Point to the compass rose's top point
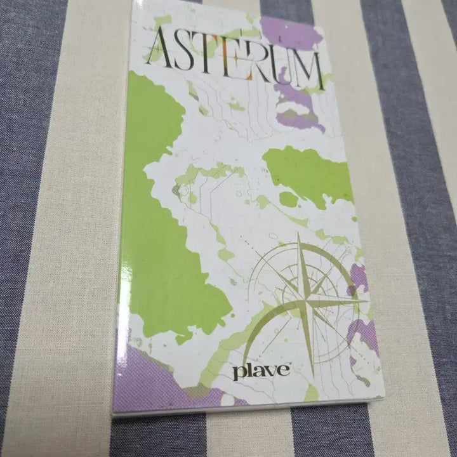point(298,234)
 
